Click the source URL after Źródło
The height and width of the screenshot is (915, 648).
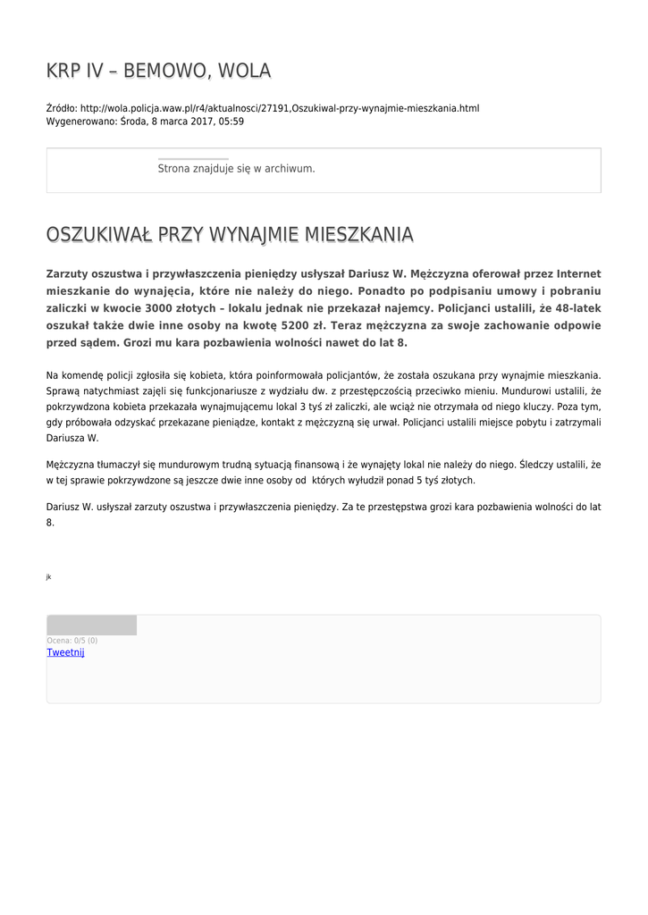tap(280, 108)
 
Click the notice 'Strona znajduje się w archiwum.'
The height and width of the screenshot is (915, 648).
tap(236, 168)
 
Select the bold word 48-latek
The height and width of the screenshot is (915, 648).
tap(576, 308)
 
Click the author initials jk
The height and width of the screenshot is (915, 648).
tap(49, 577)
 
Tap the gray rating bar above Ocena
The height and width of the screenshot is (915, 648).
tap(91, 625)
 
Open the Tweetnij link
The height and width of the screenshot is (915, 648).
tap(65, 652)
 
